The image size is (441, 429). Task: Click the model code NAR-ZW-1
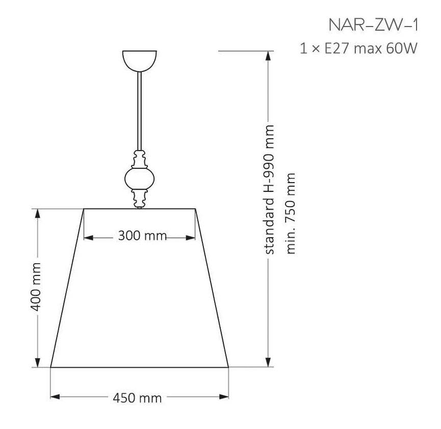tap(373, 26)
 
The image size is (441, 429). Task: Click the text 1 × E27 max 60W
tap(359, 49)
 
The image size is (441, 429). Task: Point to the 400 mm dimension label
tap(35, 288)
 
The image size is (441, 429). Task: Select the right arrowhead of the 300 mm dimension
tap(192, 237)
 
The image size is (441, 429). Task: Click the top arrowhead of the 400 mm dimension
tap(37, 213)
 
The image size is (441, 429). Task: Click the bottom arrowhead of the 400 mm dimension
tap(37, 362)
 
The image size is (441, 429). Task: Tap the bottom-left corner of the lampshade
tap(50, 367)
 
